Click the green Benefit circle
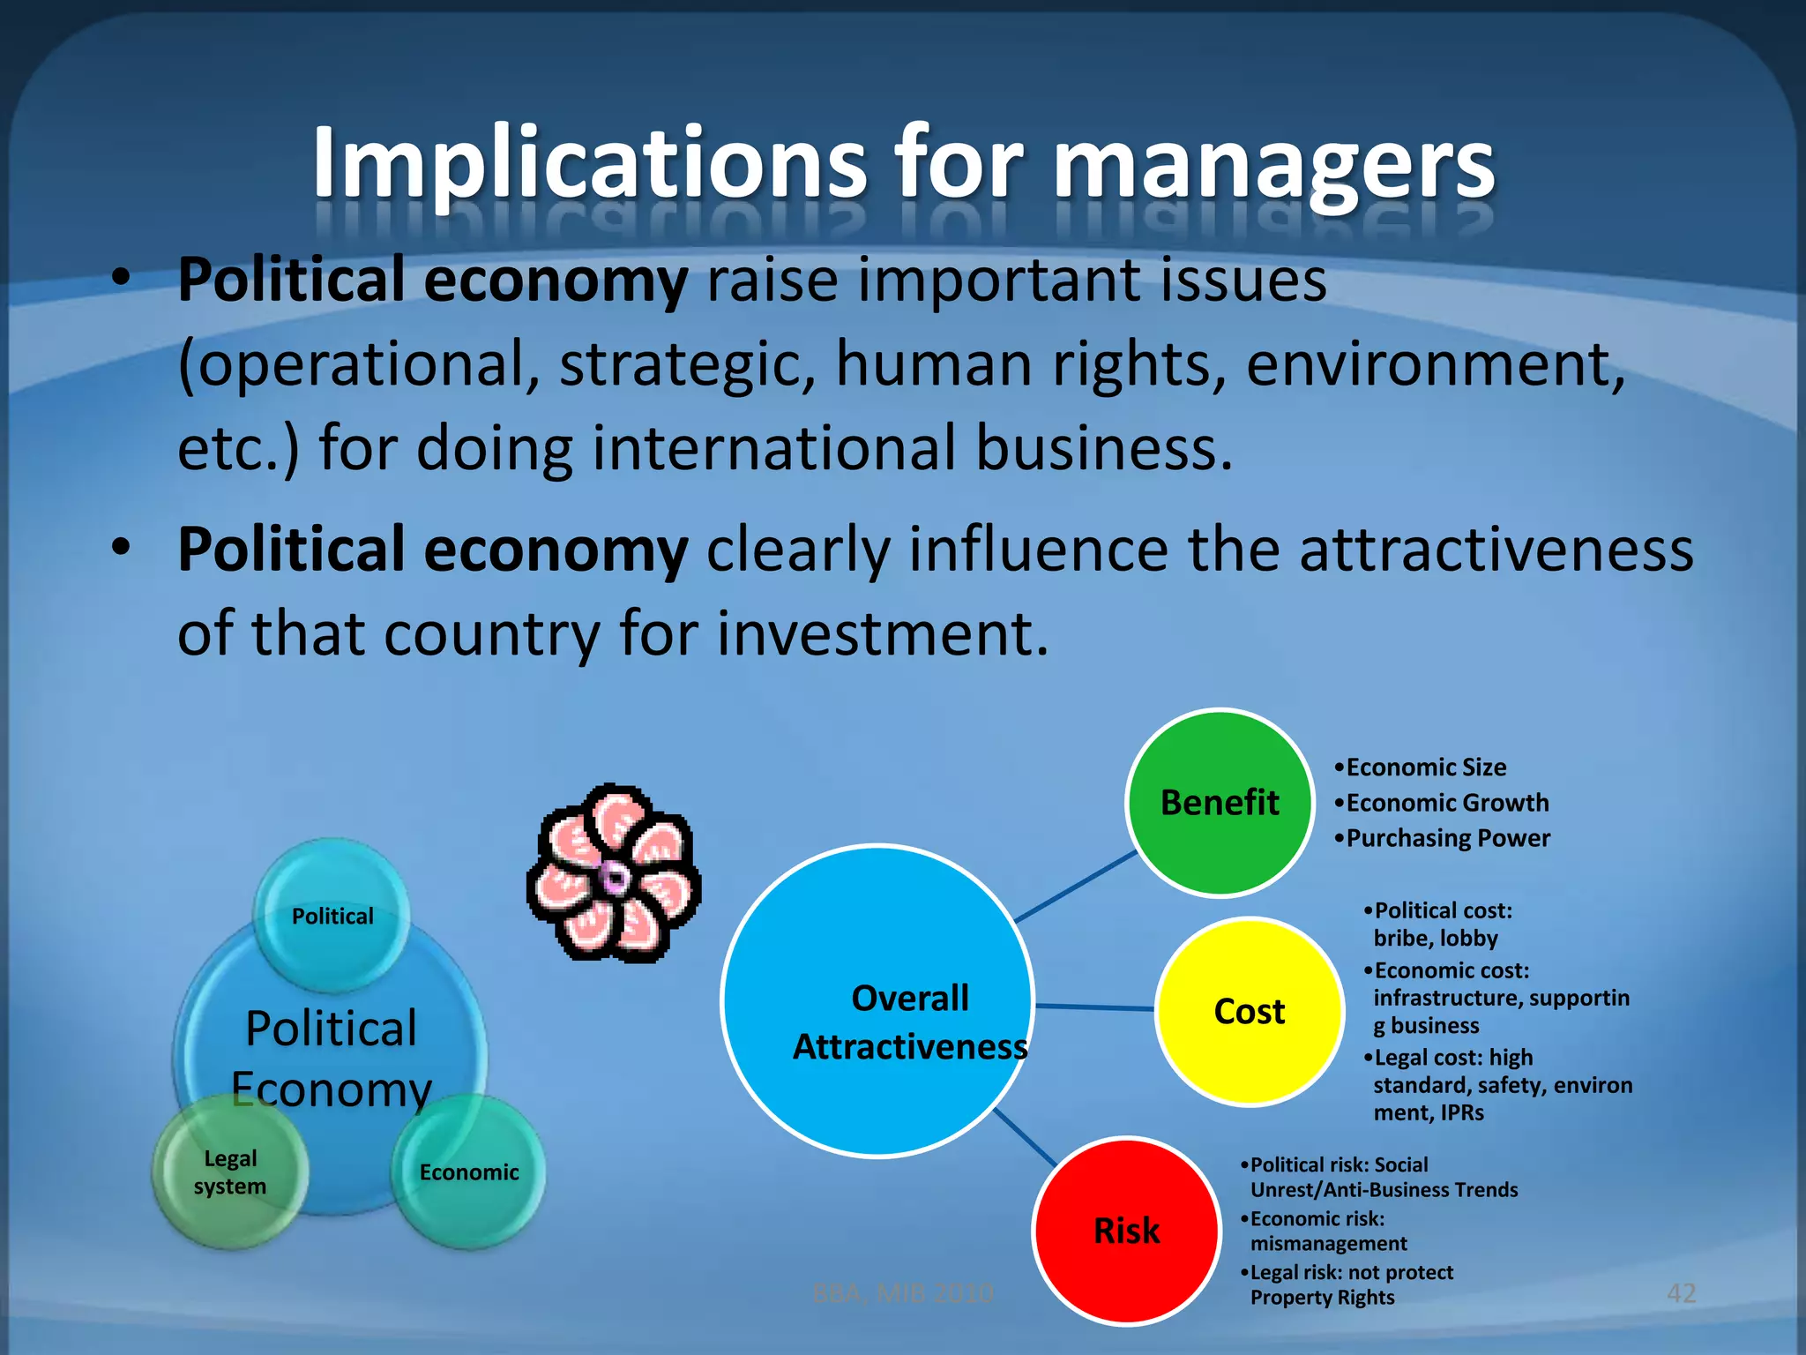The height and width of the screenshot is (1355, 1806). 1220,803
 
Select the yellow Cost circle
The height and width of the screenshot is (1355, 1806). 1249,1011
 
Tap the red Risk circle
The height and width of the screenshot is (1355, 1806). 1126,1231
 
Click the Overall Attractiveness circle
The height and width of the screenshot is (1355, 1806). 877,1001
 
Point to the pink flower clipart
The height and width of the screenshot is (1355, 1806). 615,873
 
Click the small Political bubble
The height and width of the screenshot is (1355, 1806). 332,916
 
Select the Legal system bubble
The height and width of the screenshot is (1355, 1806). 230,1172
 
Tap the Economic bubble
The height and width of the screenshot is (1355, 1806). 468,1172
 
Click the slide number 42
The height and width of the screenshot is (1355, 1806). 1681,1293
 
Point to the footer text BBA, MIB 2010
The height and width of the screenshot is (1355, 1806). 902,1293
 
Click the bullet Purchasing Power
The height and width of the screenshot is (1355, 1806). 1447,838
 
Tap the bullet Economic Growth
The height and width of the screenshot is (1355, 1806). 1446,803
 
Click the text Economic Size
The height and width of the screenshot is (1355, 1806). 1425,767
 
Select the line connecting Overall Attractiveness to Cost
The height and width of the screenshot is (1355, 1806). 1094,1007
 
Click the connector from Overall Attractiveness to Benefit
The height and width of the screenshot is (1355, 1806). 1076,887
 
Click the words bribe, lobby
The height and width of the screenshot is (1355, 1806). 1435,938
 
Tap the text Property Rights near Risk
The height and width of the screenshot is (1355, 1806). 1322,1298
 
